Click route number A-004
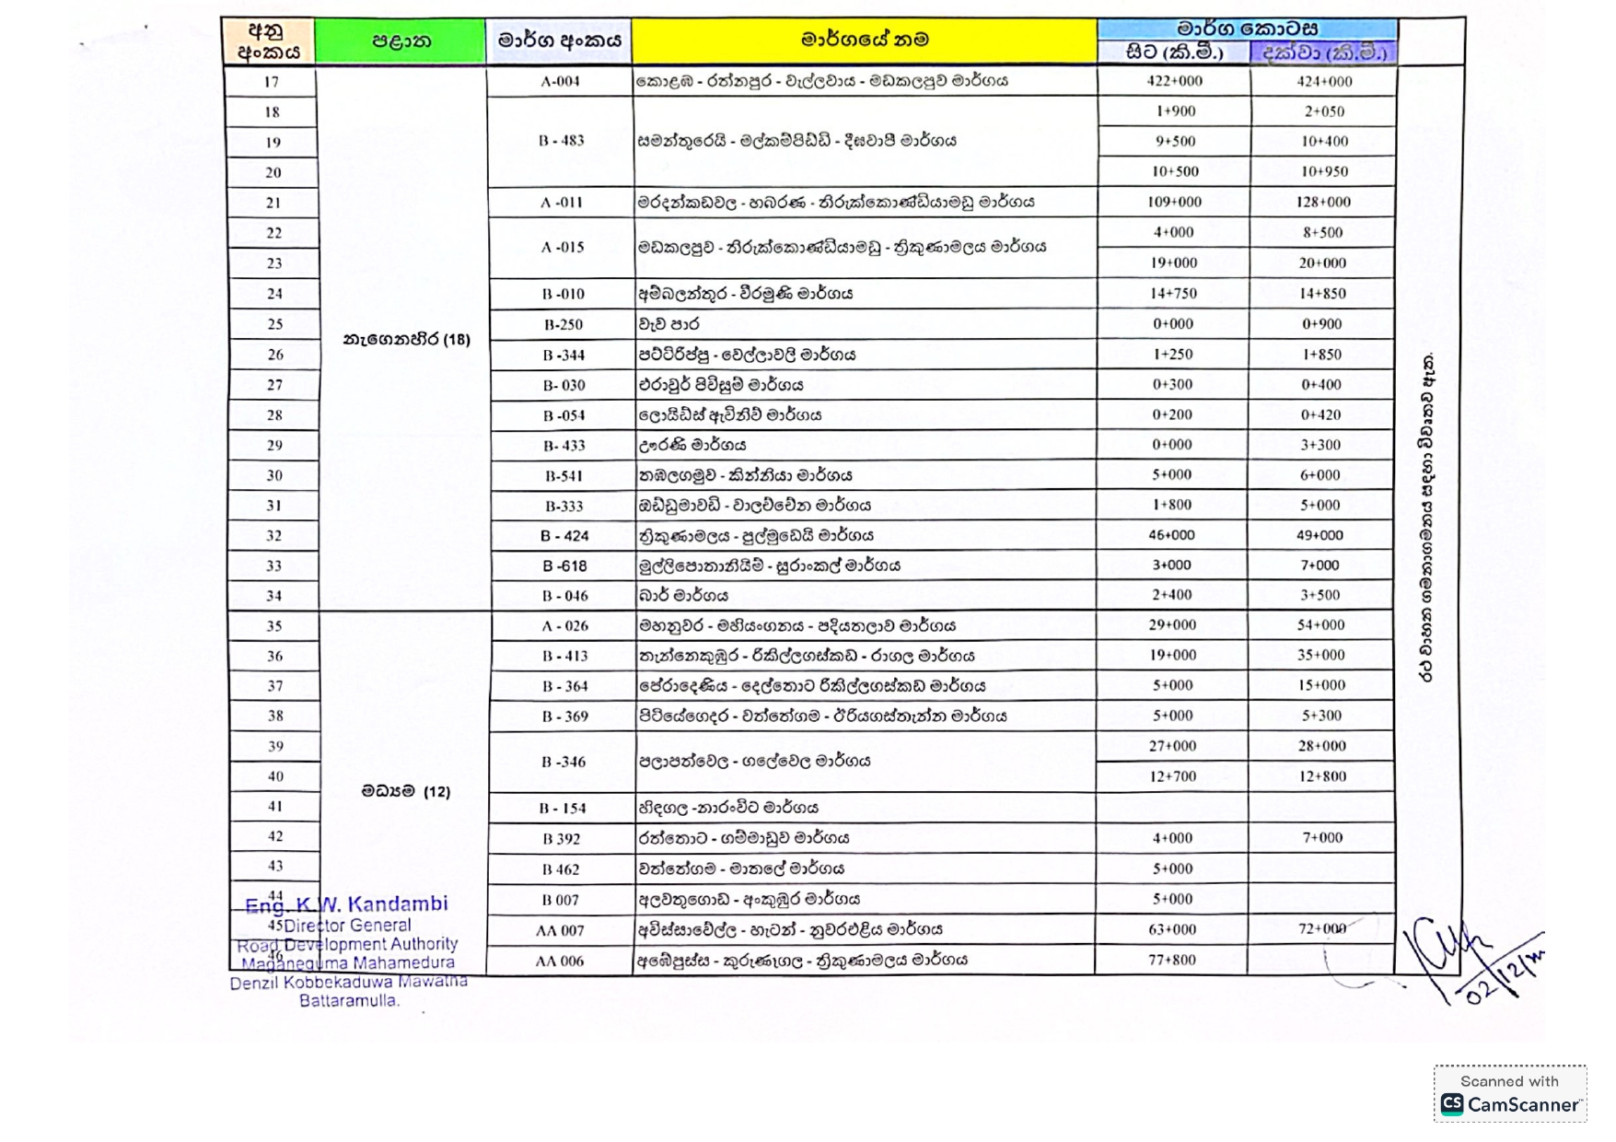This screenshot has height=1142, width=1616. pyautogui.click(x=560, y=81)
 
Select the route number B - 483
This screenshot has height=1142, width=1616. pyautogui.click(x=561, y=141)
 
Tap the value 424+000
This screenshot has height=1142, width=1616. pyautogui.click(x=1324, y=81)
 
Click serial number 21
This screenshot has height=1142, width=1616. pyautogui.click(x=273, y=203)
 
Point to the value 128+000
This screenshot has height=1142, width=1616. pyautogui.click(x=1323, y=202)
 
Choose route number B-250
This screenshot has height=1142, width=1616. pyautogui.click(x=563, y=324)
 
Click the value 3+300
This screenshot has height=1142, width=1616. pyautogui.click(x=1320, y=445)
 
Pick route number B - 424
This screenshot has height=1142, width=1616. pyautogui.click(x=564, y=536)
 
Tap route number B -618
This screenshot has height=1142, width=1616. pyautogui.click(x=564, y=565)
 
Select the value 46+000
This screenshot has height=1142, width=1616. pyautogui.click(x=1171, y=535)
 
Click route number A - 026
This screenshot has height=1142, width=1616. pyautogui.click(x=564, y=626)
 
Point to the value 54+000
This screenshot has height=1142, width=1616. pyautogui.click(x=1321, y=624)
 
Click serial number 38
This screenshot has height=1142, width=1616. pyautogui.click(x=274, y=716)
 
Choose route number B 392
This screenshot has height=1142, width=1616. pyautogui.click(x=561, y=839)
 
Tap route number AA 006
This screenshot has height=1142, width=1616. pyautogui.click(x=560, y=961)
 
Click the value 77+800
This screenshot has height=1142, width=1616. pyautogui.click(x=1171, y=960)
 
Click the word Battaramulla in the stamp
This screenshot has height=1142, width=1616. pyautogui.click(x=349, y=1000)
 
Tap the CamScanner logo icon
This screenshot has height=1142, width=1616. pyautogui.click(x=1451, y=1104)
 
